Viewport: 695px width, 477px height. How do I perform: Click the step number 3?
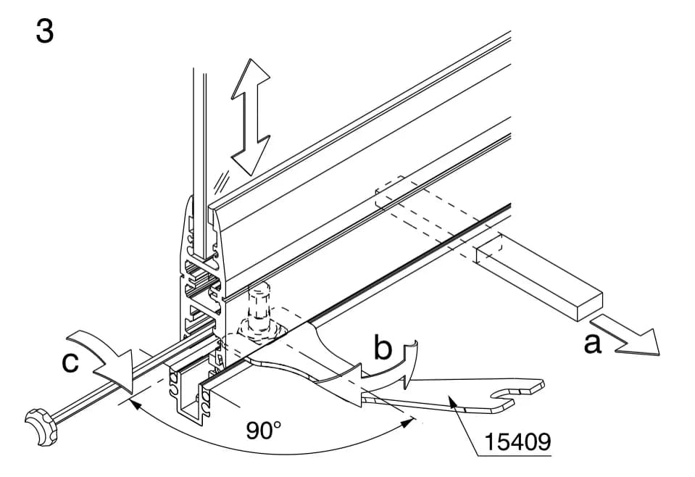coord(44,31)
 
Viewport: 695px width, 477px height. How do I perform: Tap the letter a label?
coord(593,343)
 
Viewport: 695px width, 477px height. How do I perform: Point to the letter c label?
coord(70,362)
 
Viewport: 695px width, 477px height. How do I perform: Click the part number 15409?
coord(517,441)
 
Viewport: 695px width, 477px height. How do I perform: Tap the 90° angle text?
coord(264,430)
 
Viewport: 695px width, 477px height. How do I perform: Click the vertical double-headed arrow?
coord(251,117)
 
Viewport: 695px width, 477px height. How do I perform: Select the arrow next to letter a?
coord(625,336)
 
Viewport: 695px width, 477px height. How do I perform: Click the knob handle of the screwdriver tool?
coord(41,426)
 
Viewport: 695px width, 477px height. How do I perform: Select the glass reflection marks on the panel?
coord(220,181)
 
